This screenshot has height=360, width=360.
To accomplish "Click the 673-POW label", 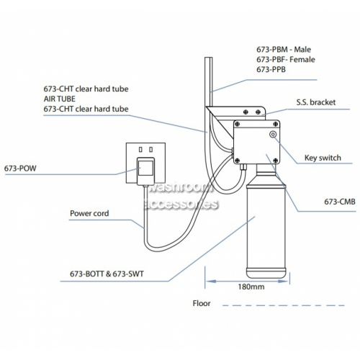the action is click(20, 168).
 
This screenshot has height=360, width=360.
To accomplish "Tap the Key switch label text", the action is click(323, 158).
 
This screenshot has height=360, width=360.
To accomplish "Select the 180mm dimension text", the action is click(251, 287).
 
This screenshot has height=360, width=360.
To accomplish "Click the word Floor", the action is click(202, 303).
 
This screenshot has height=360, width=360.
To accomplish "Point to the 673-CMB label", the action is click(340, 202).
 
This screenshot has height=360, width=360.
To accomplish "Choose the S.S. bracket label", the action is click(316, 102).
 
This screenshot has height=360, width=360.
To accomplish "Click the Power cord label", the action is click(89, 213).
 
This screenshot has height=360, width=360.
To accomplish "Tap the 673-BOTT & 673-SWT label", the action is click(107, 274).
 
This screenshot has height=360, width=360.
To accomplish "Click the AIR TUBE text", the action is click(60, 99).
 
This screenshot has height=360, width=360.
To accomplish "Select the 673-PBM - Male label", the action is click(284, 50).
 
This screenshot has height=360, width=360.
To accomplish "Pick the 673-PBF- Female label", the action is click(286, 60).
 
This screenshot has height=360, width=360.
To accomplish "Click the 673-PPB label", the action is click(271, 69).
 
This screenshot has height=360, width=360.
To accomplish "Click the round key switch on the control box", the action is click(273, 135).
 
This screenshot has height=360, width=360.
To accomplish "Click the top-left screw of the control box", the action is click(237, 124).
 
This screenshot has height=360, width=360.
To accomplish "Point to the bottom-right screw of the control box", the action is click(276, 160).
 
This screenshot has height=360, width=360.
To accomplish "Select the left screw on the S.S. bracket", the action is click(246, 112).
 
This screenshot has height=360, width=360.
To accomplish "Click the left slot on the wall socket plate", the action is click(140, 150).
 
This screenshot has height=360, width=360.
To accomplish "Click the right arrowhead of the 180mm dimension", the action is click(286, 281).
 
